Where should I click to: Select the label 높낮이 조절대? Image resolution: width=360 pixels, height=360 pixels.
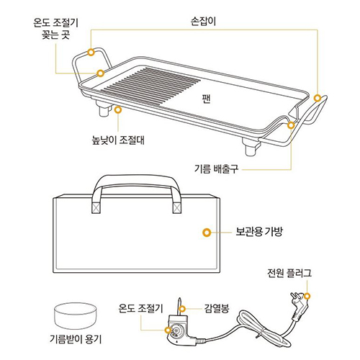114,138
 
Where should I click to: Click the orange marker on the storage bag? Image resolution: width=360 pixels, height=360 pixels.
207,233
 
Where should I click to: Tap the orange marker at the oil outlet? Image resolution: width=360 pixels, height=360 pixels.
291,125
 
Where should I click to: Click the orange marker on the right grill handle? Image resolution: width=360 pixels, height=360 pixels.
318,97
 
